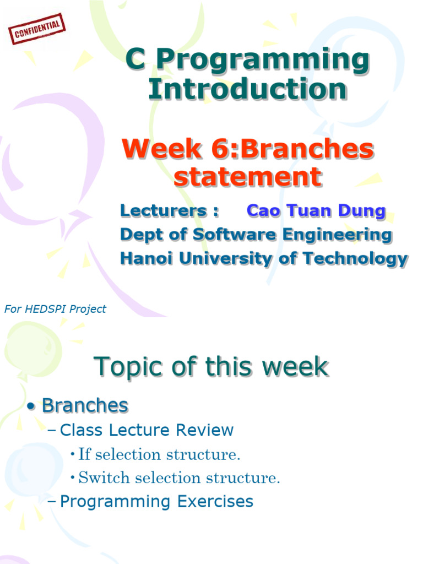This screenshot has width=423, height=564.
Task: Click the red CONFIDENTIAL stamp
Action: pyautogui.click(x=37, y=29)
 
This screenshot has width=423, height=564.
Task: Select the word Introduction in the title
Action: pyautogui.click(x=248, y=90)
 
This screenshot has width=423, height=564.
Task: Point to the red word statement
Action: pyautogui.click(x=247, y=177)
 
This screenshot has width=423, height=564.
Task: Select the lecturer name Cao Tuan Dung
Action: pyautogui.click(x=316, y=211)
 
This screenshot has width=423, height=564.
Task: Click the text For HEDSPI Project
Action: pyautogui.click(x=55, y=310)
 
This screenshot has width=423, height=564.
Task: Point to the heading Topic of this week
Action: pyautogui.click(x=211, y=367)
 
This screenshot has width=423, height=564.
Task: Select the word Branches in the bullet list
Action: pyautogui.click(x=85, y=406)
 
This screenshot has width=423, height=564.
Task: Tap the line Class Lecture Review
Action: pyautogui.click(x=146, y=430)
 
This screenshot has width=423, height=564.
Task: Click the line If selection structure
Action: pyautogui.click(x=160, y=455)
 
